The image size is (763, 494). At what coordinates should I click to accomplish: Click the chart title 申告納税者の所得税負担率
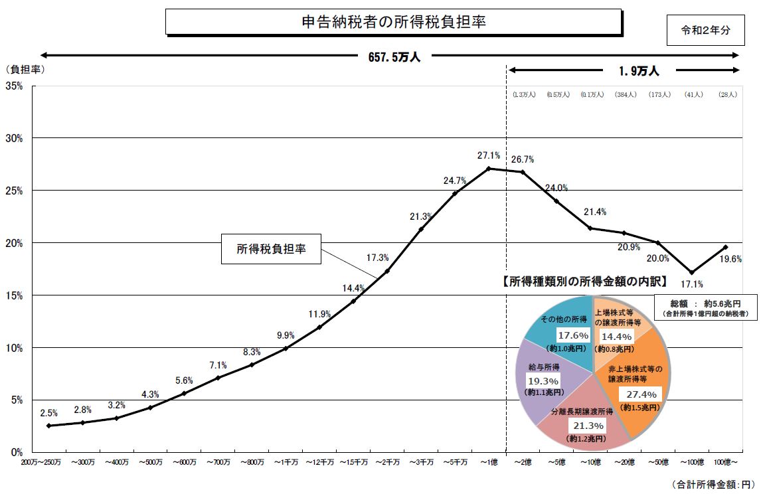coord(393,21)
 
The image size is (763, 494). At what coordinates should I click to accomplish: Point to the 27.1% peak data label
coord(488,155)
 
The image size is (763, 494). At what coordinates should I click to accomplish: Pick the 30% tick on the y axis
coord(15,138)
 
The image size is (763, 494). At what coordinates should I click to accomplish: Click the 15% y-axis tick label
coord(15,295)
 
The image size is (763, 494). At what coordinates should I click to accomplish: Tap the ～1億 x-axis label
coord(489,461)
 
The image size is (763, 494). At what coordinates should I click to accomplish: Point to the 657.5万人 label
coord(394,57)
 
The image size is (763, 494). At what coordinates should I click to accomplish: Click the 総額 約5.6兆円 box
coord(706,307)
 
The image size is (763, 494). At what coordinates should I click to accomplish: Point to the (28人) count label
coord(728,95)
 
